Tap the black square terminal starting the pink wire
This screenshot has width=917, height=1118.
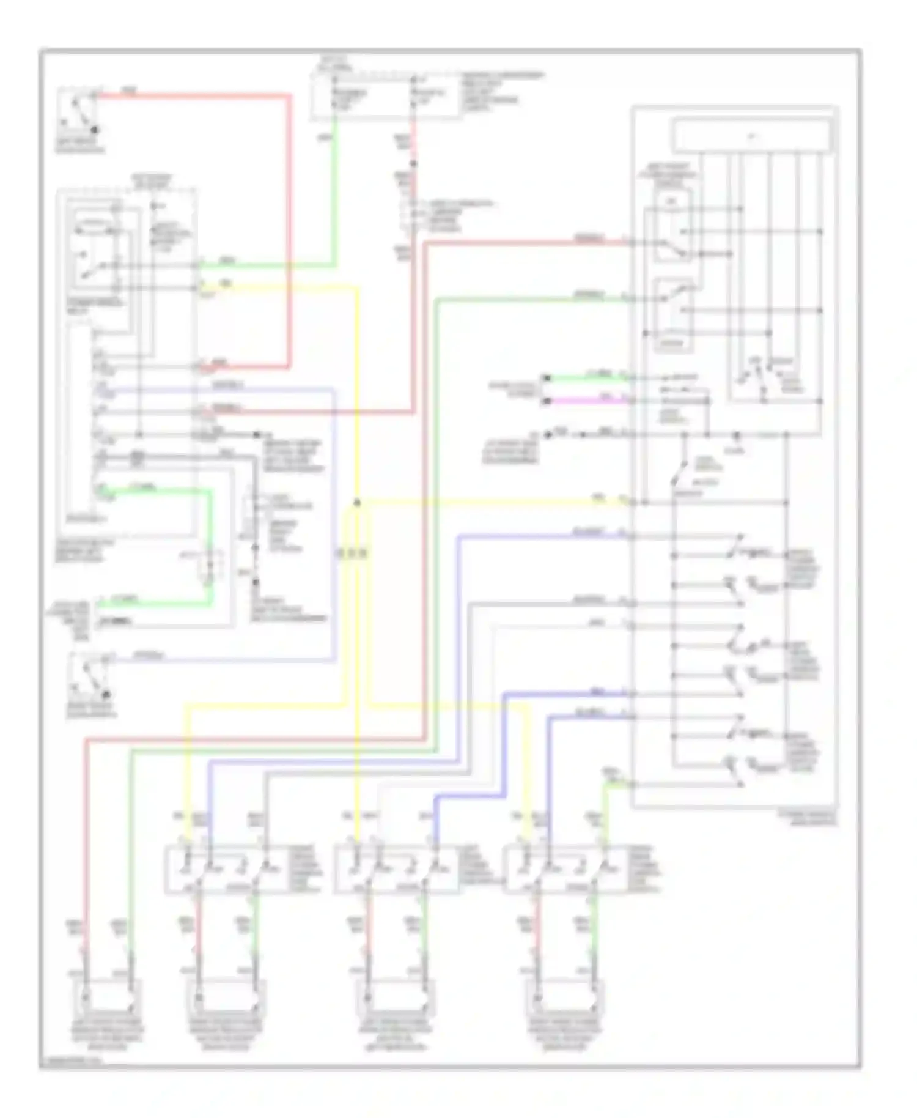tap(548, 401)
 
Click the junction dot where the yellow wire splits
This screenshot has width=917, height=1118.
tap(357, 503)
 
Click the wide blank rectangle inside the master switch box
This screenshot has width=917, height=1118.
tap(753, 136)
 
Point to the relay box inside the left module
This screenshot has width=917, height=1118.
tap(98, 251)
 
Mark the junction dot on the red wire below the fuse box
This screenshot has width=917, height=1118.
tap(413, 163)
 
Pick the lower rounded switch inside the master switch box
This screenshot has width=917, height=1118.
tap(672, 315)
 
